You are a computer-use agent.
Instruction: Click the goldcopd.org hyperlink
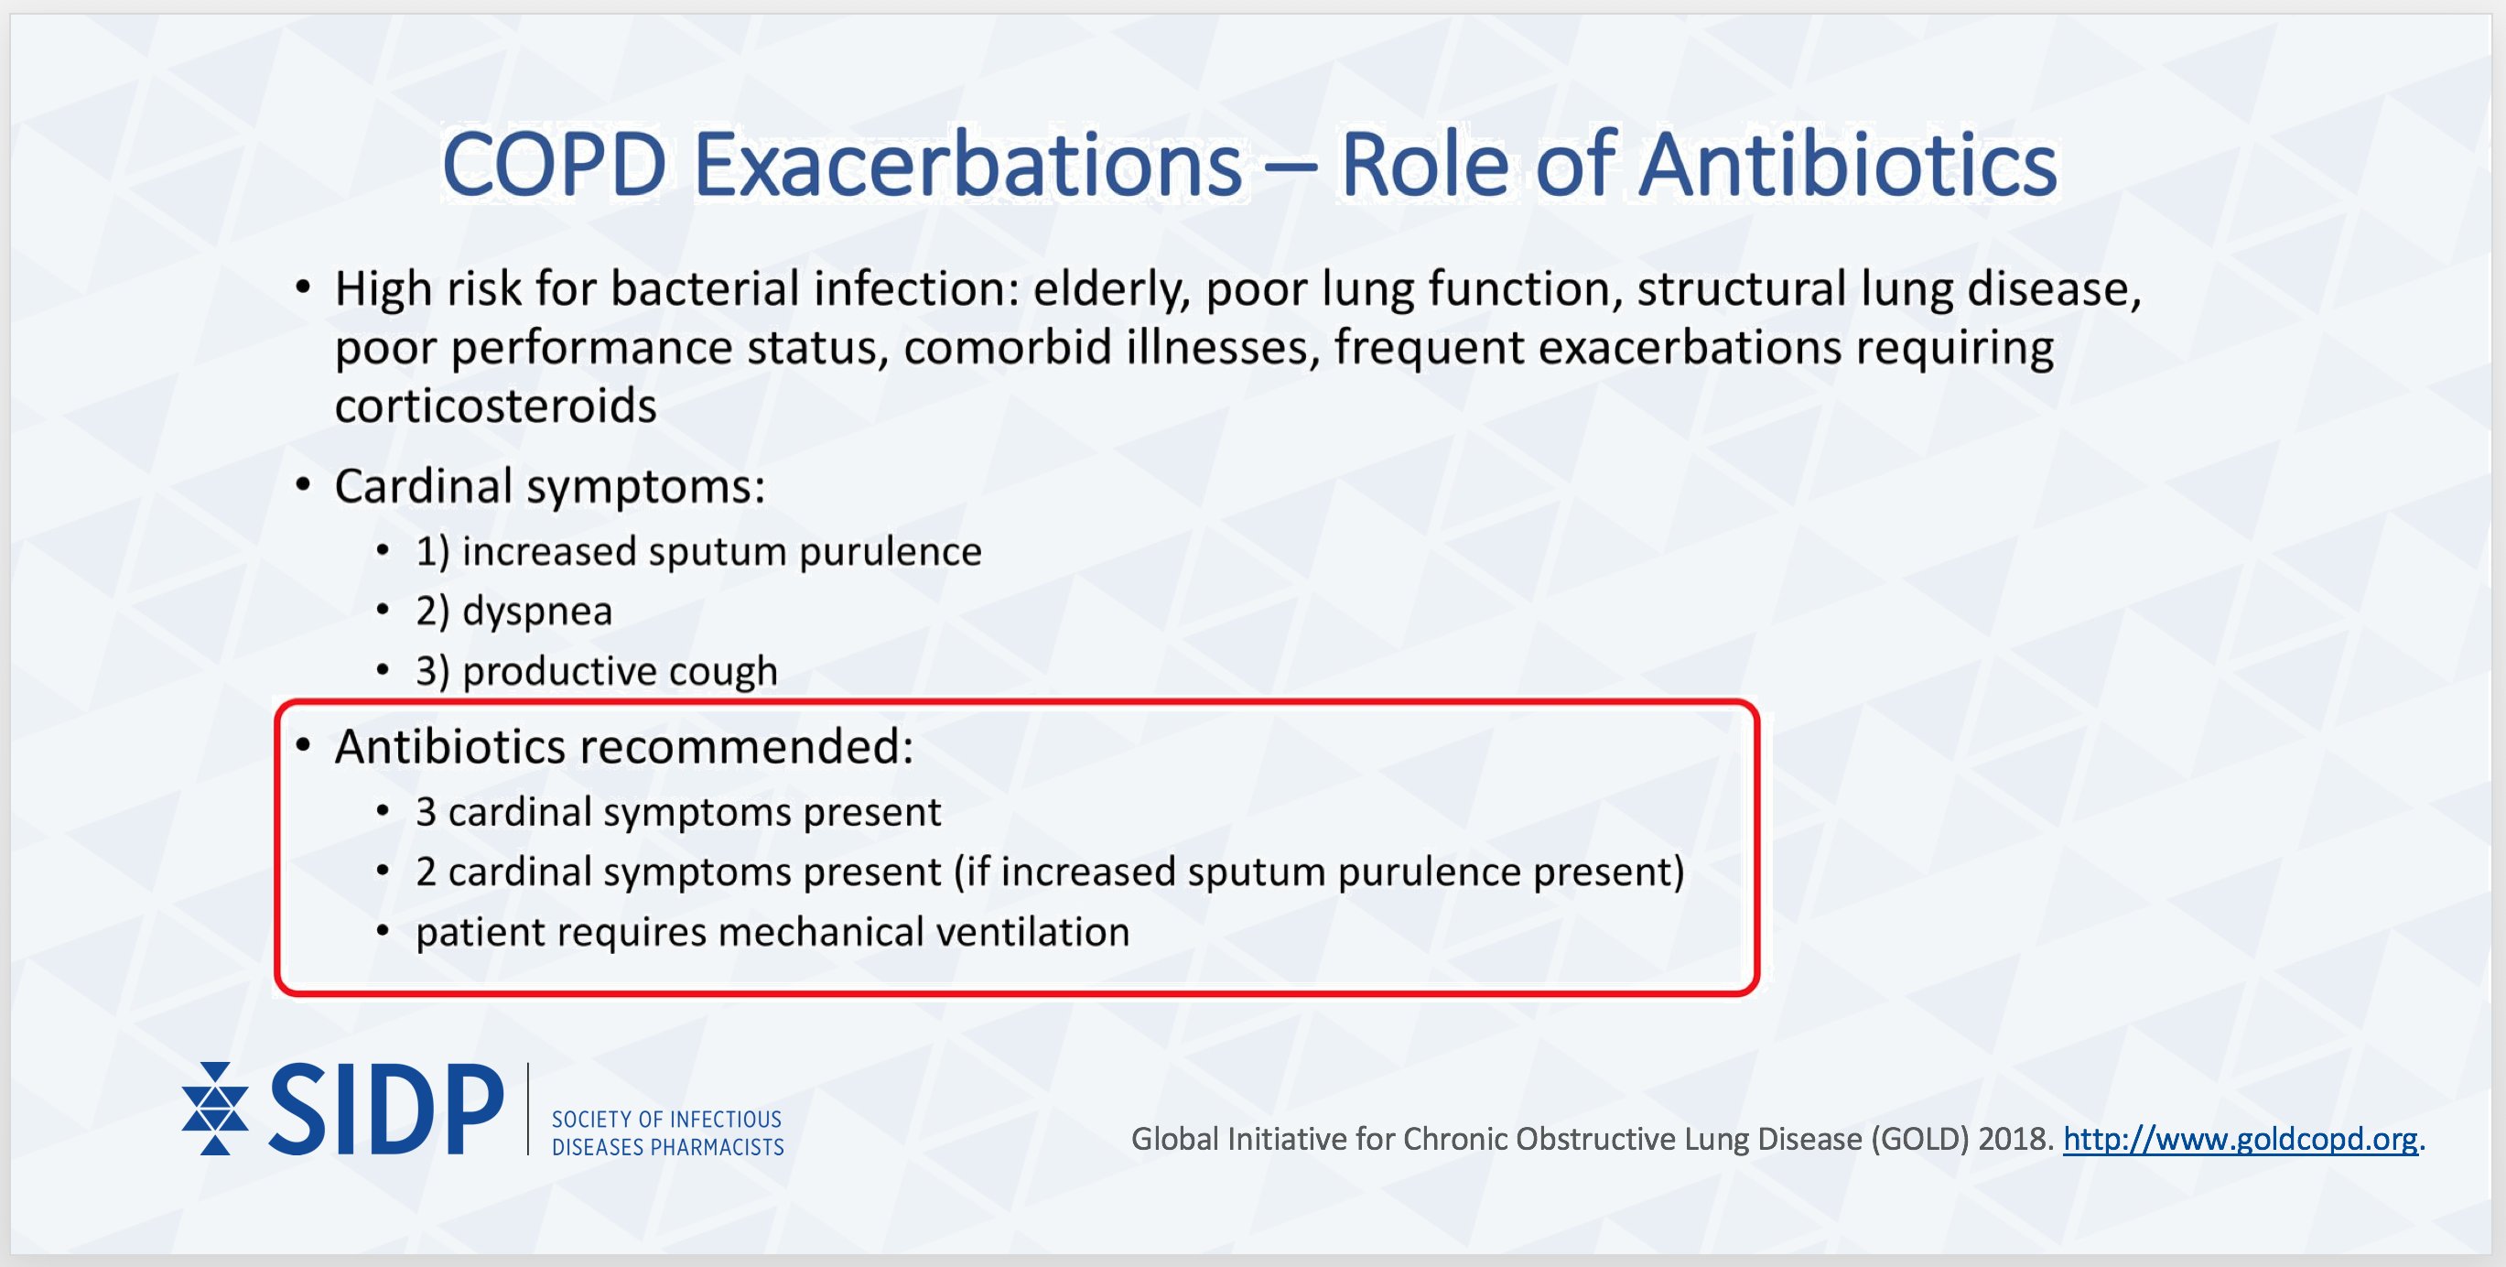pyautogui.click(x=2240, y=1139)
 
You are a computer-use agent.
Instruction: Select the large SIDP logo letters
pyautogui.click(x=386, y=1110)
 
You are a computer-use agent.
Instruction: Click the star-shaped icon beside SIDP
pyautogui.click(x=214, y=1109)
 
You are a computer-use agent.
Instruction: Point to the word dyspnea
pyautogui.click(x=537, y=612)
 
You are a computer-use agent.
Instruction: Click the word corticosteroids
pyautogui.click(x=495, y=406)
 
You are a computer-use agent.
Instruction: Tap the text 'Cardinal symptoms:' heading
pyautogui.click(x=550, y=485)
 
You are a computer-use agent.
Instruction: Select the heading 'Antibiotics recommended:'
pyautogui.click(x=623, y=746)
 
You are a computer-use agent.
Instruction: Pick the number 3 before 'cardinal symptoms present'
pyautogui.click(x=425, y=812)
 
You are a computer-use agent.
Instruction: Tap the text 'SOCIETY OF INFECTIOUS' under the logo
pyautogui.click(x=666, y=1119)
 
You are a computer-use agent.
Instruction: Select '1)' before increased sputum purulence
pyautogui.click(x=432, y=552)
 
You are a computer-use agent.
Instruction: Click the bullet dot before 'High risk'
pyautogui.click(x=304, y=288)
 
